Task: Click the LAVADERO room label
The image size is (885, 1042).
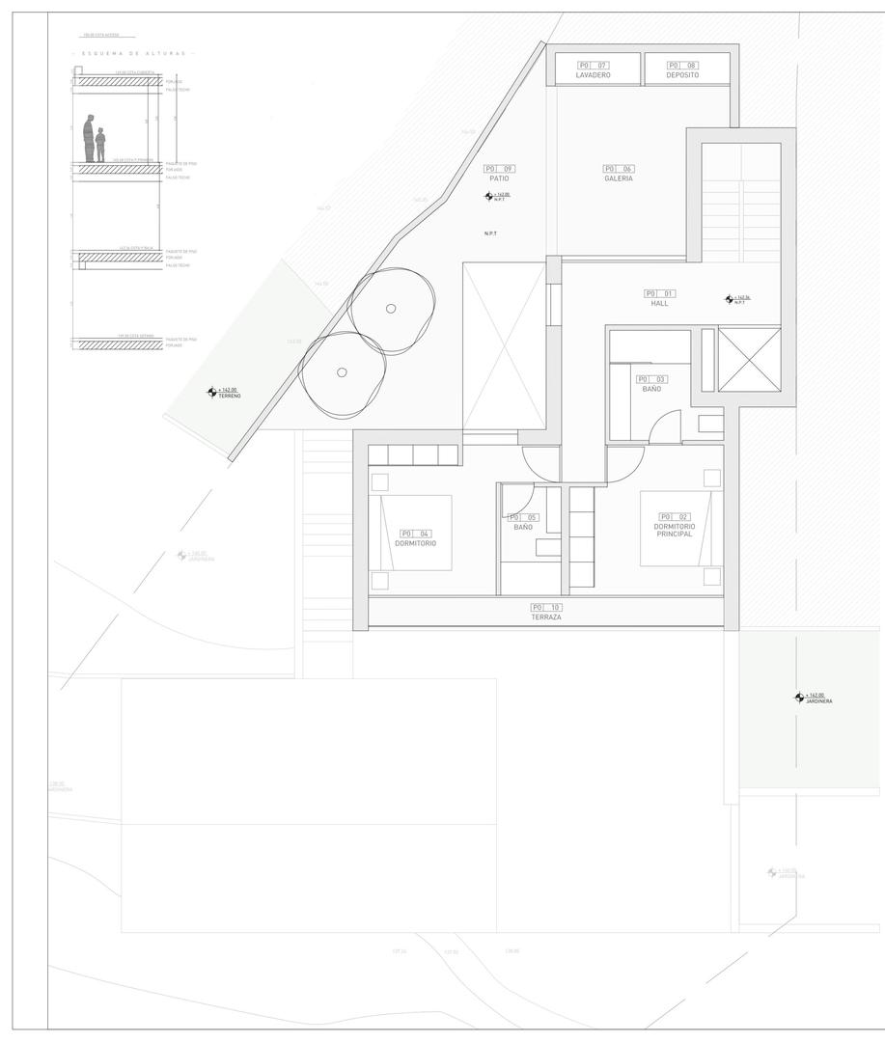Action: [593, 75]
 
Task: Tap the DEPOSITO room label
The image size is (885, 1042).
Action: [681, 75]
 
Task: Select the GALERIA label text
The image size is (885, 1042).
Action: [619, 178]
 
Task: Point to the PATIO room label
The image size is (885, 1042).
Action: [499, 178]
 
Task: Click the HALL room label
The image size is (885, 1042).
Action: [659, 303]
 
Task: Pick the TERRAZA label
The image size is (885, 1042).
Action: [545, 617]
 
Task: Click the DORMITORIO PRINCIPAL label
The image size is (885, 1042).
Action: [675, 530]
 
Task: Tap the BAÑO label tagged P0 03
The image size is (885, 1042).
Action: [652, 389]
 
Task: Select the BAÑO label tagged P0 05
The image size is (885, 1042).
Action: [523, 527]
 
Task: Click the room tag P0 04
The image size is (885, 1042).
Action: [415, 534]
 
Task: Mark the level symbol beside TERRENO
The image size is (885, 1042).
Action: [212, 392]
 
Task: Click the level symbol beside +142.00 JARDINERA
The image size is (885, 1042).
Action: [799, 697]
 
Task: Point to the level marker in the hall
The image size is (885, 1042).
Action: [729, 299]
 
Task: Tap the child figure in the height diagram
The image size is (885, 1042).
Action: [100, 146]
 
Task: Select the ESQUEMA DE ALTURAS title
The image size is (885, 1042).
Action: [133, 53]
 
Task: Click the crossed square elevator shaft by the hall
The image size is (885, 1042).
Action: [749, 360]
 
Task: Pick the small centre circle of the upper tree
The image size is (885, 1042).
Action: [390, 309]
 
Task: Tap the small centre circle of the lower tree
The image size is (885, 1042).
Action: [342, 372]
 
